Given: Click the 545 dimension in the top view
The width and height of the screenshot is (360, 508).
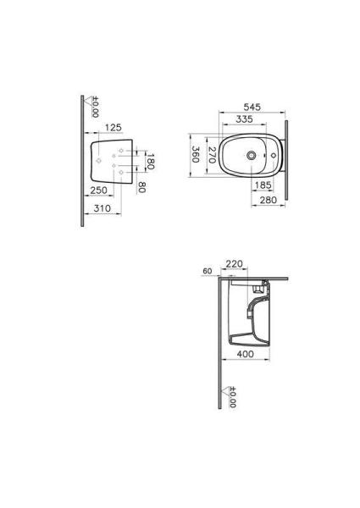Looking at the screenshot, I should pos(252,108).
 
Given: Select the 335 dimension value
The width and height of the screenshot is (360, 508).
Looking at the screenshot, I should pos(245,119).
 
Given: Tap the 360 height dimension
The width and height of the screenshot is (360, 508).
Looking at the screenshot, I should pos(195,155).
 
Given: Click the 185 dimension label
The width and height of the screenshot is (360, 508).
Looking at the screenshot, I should pos(263,184).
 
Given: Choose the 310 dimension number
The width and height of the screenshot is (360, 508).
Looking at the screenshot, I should pos(103,207).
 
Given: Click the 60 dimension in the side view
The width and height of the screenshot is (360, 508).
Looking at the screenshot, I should pos(208,271).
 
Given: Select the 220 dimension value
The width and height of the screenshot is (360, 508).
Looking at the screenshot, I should pos(235,264).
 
